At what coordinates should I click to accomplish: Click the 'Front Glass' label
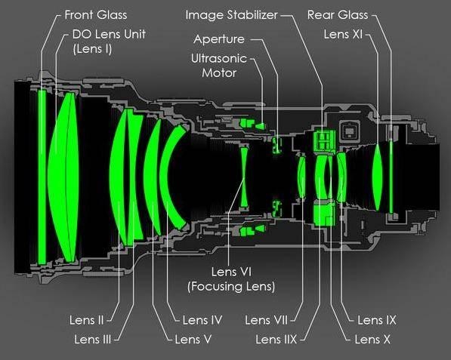[x=96, y=15]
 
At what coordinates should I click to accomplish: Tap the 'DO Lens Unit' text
[x=109, y=34]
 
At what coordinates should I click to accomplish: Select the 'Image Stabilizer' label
[x=231, y=15]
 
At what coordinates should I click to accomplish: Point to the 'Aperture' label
[x=219, y=39]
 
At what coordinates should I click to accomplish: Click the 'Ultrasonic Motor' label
[x=219, y=66]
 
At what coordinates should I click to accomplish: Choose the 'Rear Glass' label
[x=338, y=15]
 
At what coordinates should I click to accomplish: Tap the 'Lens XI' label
[x=343, y=34]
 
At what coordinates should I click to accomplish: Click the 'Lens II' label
[x=86, y=320]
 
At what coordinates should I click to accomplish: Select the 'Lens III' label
[x=92, y=340]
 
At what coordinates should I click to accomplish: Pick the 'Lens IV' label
[x=202, y=320]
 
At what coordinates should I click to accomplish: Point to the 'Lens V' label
[x=193, y=340]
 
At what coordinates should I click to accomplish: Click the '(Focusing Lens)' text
[x=231, y=287]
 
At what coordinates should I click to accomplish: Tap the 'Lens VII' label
[x=266, y=320]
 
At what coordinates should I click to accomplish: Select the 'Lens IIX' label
[x=276, y=340]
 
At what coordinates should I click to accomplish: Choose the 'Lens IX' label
[x=376, y=320]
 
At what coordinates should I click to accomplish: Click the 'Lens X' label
[x=372, y=340]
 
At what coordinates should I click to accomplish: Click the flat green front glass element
[x=42, y=177]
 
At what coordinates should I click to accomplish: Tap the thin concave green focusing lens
[x=244, y=177]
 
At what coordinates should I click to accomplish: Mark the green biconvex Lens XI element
[x=378, y=177]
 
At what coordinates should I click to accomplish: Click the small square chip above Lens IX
[x=349, y=131]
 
